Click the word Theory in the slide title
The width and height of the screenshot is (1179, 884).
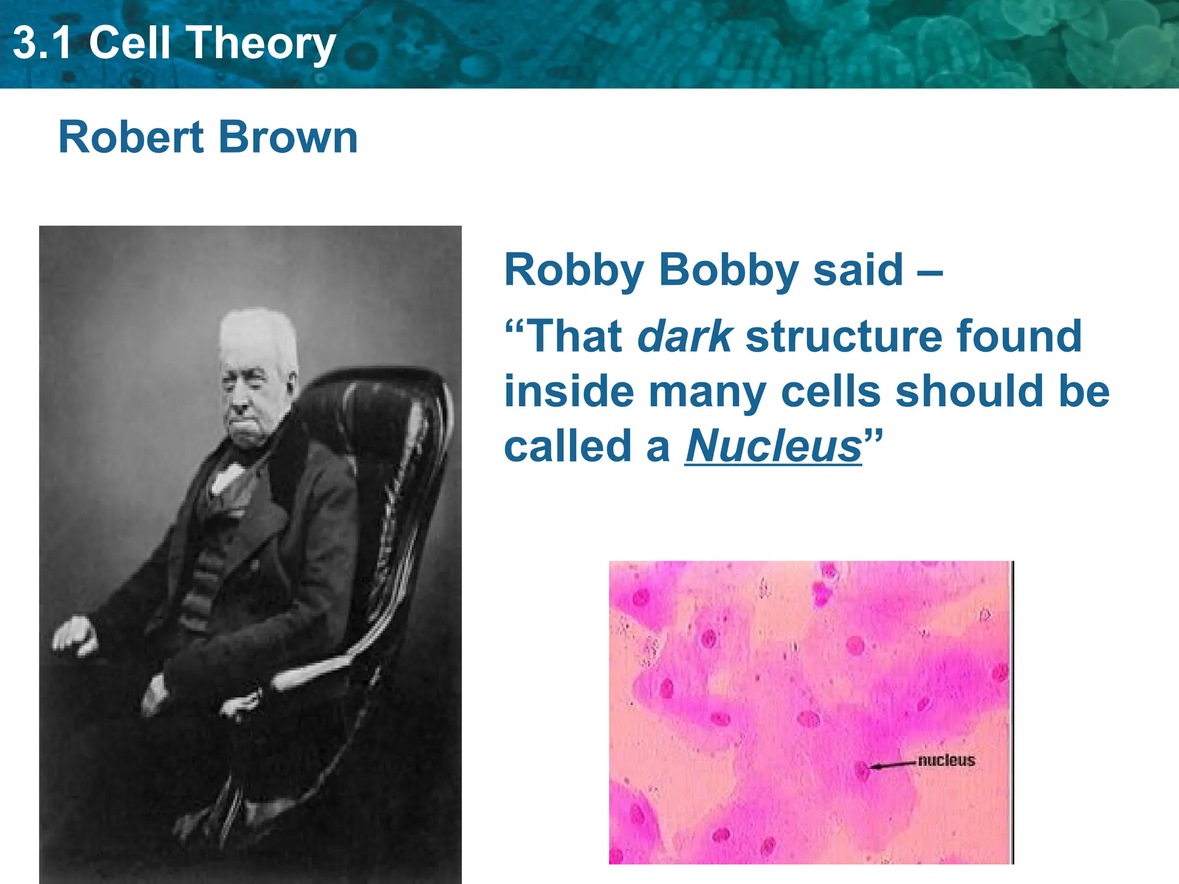coord(261,44)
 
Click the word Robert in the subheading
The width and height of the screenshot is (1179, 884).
coord(131,138)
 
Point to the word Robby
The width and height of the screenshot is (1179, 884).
coord(573,270)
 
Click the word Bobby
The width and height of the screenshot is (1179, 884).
coord(729,270)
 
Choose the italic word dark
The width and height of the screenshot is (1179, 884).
coord(684,337)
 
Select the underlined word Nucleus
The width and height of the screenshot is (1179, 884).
coord(773,447)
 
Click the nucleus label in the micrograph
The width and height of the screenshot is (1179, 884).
coord(946,760)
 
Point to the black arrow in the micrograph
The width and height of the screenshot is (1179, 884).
coord(892,765)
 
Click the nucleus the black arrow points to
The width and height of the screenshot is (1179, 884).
coord(862,769)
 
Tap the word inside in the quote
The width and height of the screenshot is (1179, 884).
coord(569,391)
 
